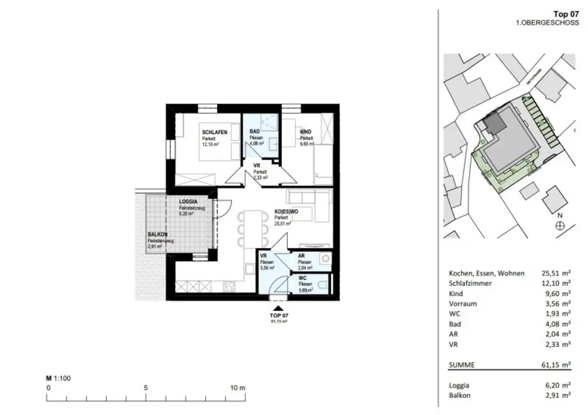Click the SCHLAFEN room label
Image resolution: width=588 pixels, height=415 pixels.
214,132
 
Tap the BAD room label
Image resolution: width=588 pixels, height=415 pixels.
254,132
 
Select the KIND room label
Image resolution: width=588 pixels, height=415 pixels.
305,132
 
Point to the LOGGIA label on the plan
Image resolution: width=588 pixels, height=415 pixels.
189,202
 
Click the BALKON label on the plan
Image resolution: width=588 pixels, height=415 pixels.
158,235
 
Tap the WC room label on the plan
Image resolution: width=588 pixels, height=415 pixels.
302,278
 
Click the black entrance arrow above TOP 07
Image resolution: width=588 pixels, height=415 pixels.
278,309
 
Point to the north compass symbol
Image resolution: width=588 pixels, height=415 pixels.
560,226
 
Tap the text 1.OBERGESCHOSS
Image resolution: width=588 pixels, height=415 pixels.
547,23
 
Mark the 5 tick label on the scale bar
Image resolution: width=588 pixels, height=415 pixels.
146,387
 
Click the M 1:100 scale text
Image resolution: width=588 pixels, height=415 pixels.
58,378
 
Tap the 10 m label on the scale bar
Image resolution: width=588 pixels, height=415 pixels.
238,387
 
